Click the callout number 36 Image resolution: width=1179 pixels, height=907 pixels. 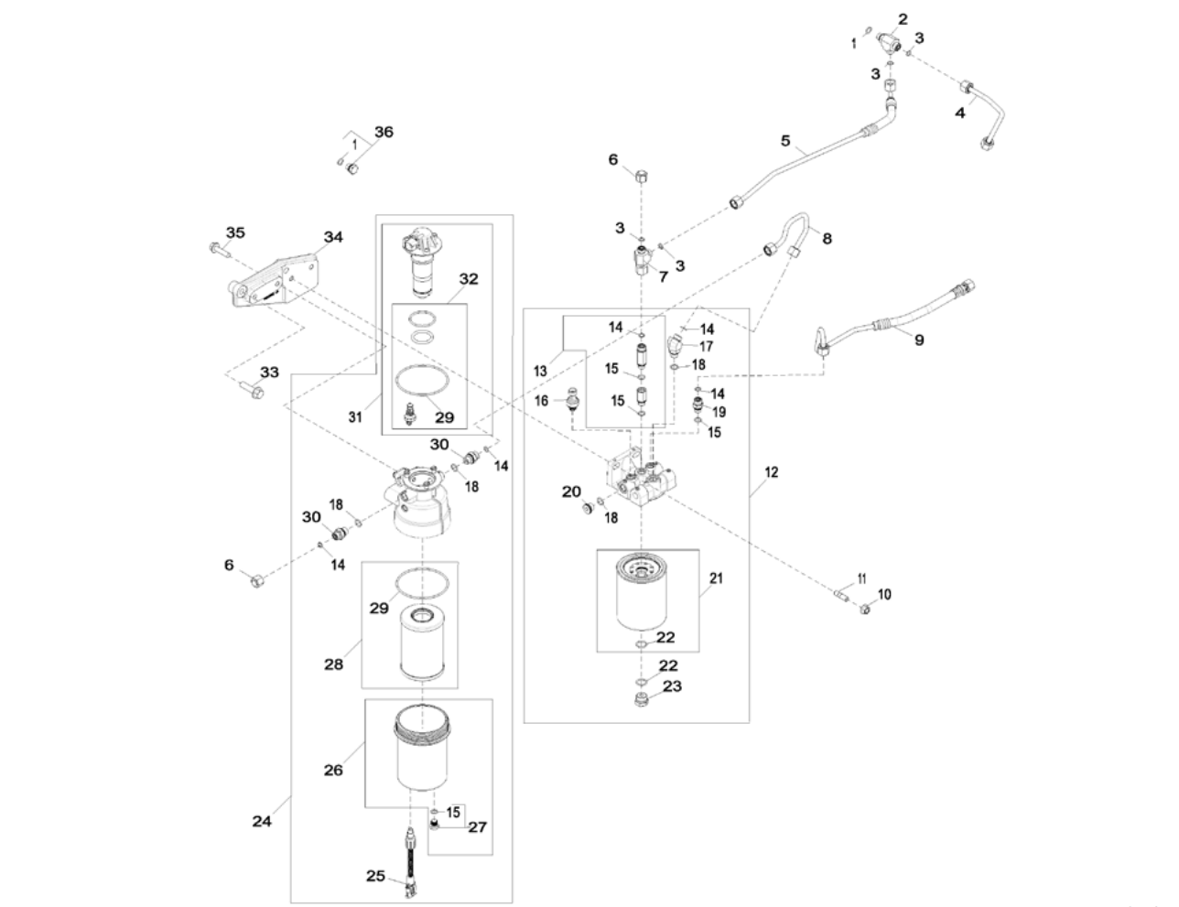(384, 132)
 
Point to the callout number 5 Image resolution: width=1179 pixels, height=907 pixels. (785, 141)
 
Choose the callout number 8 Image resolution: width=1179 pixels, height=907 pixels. (827, 238)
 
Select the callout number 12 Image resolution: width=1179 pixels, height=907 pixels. (772, 472)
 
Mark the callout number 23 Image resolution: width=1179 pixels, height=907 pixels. (673, 686)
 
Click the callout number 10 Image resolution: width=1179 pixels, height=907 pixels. (883, 594)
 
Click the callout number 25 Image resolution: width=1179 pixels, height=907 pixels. (375, 876)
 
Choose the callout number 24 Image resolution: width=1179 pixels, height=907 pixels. (263, 821)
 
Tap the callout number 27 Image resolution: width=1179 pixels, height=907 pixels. (478, 827)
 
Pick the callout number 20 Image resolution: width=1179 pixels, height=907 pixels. (571, 491)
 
